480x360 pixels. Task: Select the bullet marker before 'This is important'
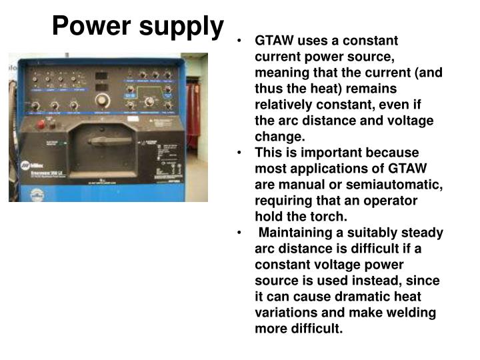pos(239,153)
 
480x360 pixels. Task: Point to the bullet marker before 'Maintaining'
pos(239,233)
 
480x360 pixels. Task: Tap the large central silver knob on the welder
pos(102,101)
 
